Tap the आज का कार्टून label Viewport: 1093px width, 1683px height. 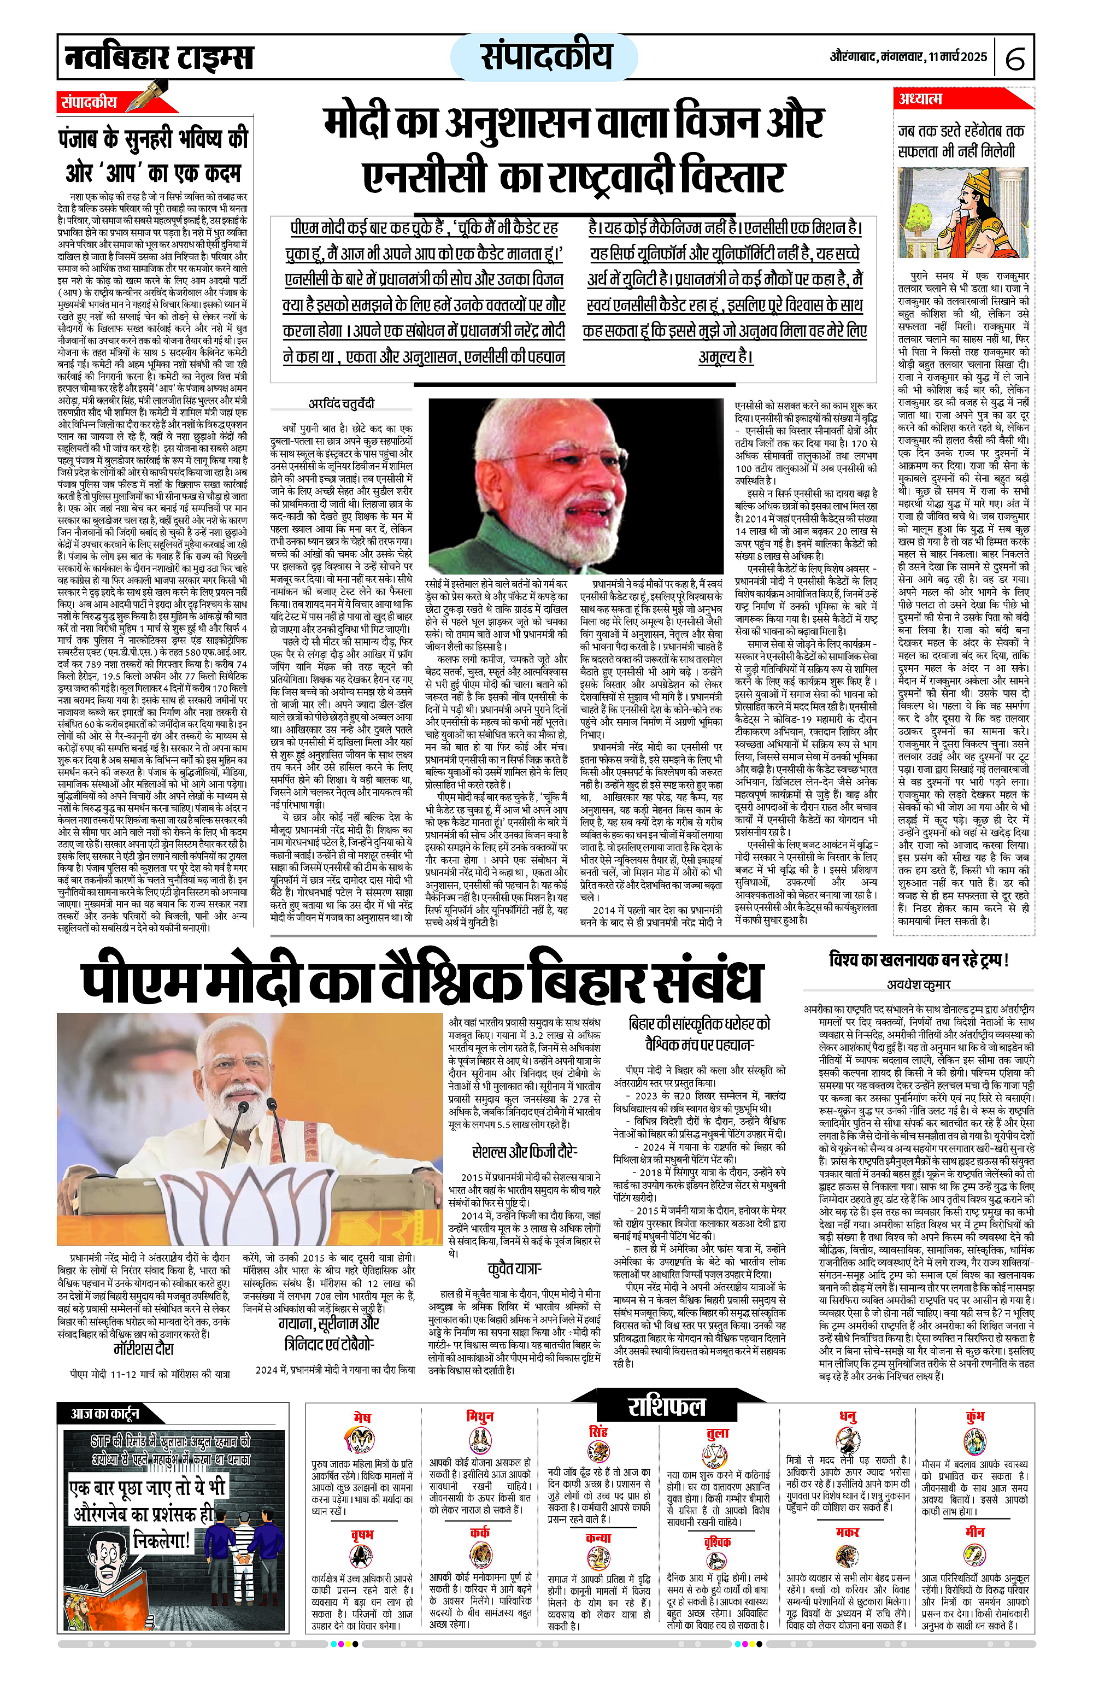[104, 1413]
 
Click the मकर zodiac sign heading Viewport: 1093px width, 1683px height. [847, 1532]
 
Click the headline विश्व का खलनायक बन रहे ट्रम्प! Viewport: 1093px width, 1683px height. [918, 960]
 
